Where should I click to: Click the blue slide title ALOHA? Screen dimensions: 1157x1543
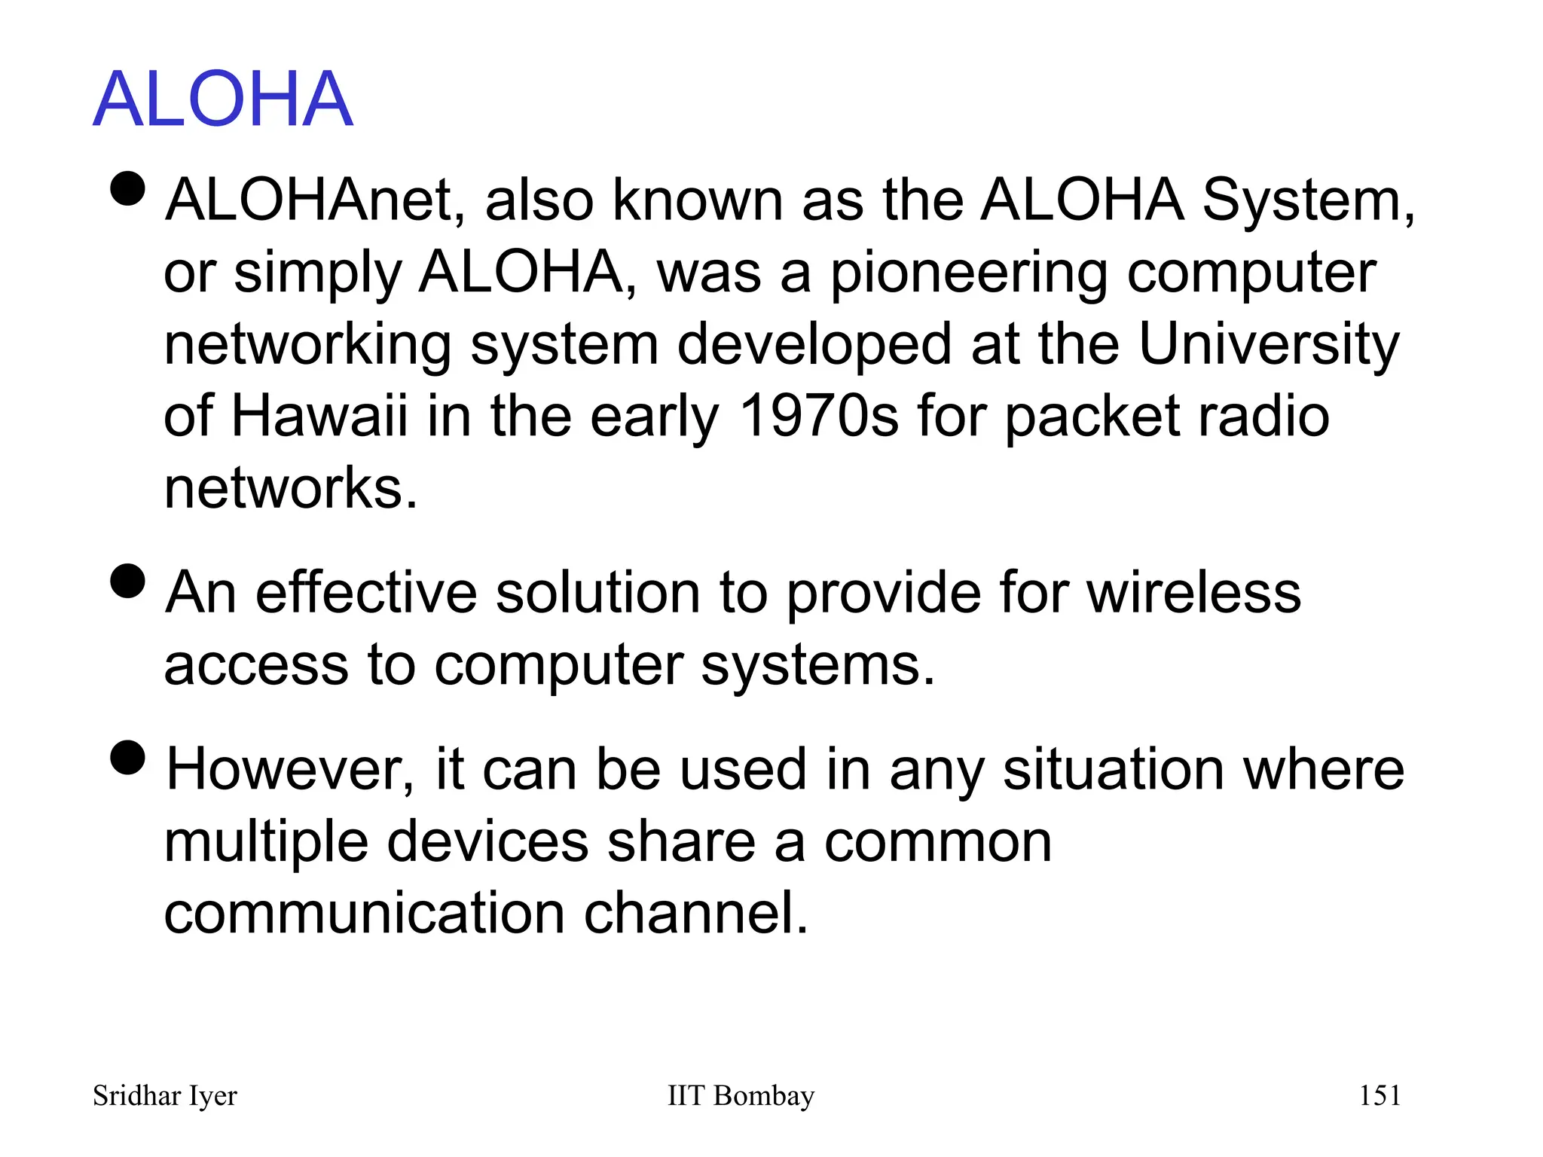[x=223, y=99]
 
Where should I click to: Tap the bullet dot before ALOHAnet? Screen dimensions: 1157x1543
[x=127, y=188]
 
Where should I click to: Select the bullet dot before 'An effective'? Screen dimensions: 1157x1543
[x=127, y=581]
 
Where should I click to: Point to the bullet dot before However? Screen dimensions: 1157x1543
[x=127, y=757]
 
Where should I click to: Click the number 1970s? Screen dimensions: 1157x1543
[x=819, y=416]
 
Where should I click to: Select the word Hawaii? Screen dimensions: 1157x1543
[x=319, y=416]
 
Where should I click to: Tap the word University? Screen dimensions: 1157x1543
[x=1268, y=345]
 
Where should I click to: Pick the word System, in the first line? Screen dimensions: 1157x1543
[x=1309, y=200]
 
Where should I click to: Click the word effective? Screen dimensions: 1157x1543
[x=366, y=593]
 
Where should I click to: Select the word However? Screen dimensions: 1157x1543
[x=290, y=770]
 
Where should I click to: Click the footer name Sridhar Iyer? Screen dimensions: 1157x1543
[x=164, y=1096]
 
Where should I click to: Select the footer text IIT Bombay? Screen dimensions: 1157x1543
[x=741, y=1096]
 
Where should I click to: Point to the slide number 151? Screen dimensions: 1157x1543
[x=1380, y=1095]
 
